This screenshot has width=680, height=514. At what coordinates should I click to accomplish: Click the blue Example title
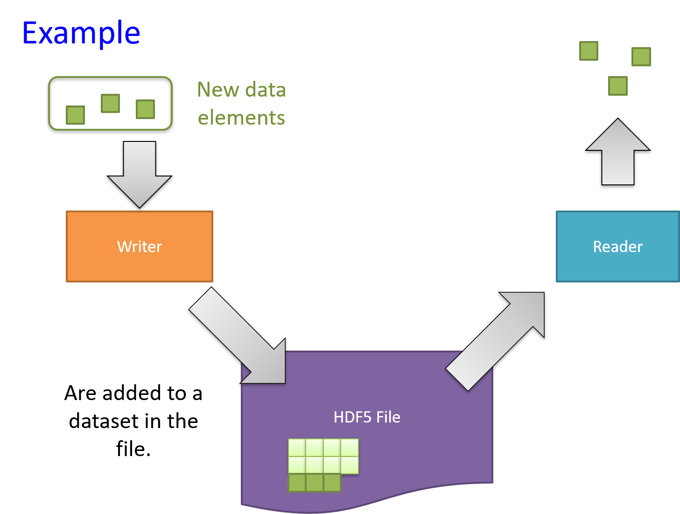click(81, 33)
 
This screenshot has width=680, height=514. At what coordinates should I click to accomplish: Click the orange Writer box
click(140, 246)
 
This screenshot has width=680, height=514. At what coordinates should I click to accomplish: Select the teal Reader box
click(617, 246)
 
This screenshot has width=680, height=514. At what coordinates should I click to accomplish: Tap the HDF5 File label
click(367, 417)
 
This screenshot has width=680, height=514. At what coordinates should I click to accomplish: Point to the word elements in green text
click(241, 118)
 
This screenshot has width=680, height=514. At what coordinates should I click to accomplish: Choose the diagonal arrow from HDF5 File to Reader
click(495, 341)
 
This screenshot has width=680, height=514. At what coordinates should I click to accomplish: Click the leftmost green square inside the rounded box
click(76, 115)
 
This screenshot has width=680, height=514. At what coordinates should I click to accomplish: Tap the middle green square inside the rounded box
click(111, 103)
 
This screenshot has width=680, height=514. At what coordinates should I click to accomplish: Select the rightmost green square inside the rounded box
click(145, 109)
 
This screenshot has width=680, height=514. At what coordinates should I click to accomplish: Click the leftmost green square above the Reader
click(589, 51)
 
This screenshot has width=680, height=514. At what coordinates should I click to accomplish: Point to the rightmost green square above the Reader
click(641, 56)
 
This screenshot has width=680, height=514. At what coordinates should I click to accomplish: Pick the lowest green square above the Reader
click(618, 86)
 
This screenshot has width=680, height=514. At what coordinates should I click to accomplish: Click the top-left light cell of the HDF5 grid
click(297, 448)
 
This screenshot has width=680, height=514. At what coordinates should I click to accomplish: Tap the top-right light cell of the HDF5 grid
click(350, 448)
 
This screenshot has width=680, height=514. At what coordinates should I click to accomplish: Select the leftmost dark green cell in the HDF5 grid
click(297, 483)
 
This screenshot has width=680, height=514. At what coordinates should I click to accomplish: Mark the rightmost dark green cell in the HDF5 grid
click(332, 483)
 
